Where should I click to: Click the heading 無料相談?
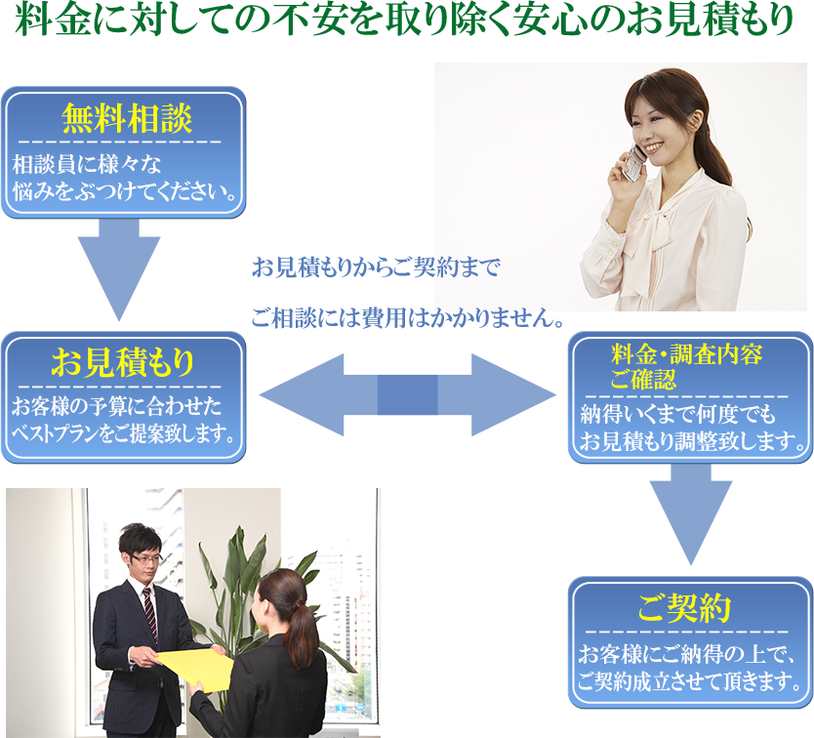coord(126,118)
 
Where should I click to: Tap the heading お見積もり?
coord(123,363)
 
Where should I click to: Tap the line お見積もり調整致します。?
coord(693,444)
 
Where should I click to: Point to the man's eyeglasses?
coord(145,557)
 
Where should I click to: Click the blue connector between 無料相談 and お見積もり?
coord(119,271)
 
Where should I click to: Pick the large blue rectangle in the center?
coord(407,394)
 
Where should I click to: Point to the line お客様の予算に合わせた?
coord(116,405)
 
